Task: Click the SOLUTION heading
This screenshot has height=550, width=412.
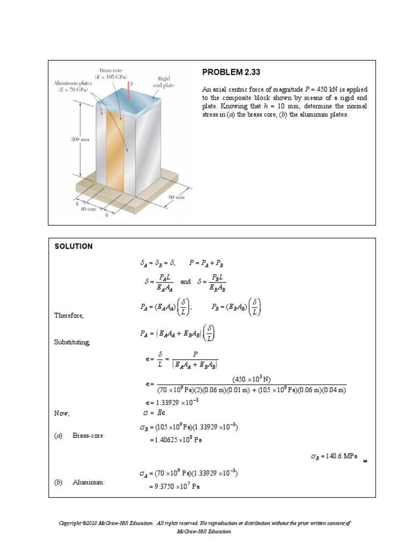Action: pos(73,247)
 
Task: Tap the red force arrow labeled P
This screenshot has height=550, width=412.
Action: pos(130,91)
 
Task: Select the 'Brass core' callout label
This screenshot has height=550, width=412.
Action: pos(112,74)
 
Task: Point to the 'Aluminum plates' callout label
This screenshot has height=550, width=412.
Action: pos(73,86)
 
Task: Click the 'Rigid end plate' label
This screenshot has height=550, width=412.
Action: pos(164,82)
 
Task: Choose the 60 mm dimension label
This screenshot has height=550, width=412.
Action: pos(176,197)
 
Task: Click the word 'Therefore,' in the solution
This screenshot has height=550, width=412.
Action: pos(69,315)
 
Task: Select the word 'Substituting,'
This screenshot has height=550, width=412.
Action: pos(72,342)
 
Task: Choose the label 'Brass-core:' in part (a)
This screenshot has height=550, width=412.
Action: pos(89,436)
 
